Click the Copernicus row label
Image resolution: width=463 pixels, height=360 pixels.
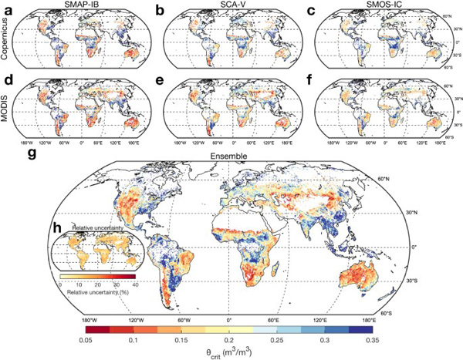coord(7,36)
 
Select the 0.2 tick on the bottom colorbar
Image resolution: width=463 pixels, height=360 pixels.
coord(229,337)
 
